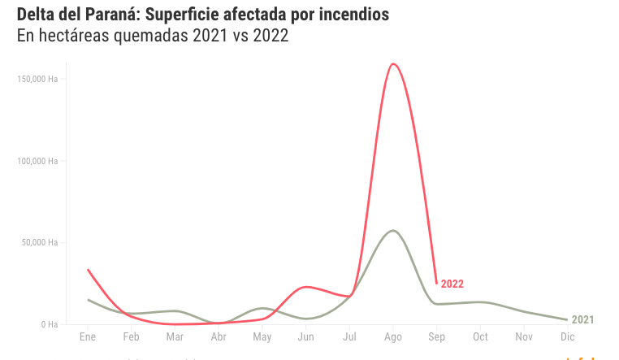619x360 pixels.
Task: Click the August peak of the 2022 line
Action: (394, 64)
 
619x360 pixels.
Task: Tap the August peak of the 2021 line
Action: (393, 231)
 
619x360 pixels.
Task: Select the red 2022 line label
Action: (452, 284)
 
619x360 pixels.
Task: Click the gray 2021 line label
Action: (583, 320)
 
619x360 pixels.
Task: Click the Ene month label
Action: (88, 336)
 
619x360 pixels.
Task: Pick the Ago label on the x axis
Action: (393, 336)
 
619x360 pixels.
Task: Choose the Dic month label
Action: (568, 336)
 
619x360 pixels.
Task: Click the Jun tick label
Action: (305, 336)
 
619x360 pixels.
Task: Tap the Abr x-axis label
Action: (219, 336)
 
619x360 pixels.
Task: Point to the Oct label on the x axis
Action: (480, 336)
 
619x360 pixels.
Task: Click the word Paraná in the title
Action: (112, 15)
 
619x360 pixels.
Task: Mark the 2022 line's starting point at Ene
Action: (88, 270)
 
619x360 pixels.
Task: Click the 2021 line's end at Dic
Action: (567, 319)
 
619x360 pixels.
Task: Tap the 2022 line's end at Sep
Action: (437, 283)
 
